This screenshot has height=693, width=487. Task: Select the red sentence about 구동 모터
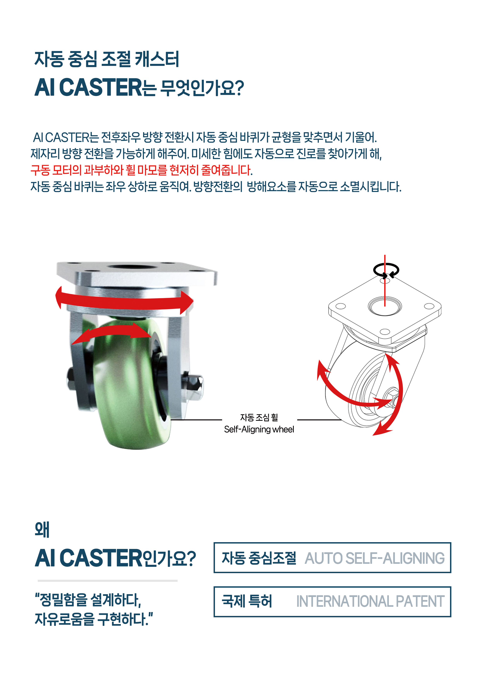(x=141, y=170)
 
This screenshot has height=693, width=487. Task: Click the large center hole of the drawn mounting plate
(x=385, y=306)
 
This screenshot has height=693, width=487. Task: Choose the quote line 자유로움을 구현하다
(x=94, y=619)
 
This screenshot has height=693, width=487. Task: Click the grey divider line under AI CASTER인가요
(x=107, y=581)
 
